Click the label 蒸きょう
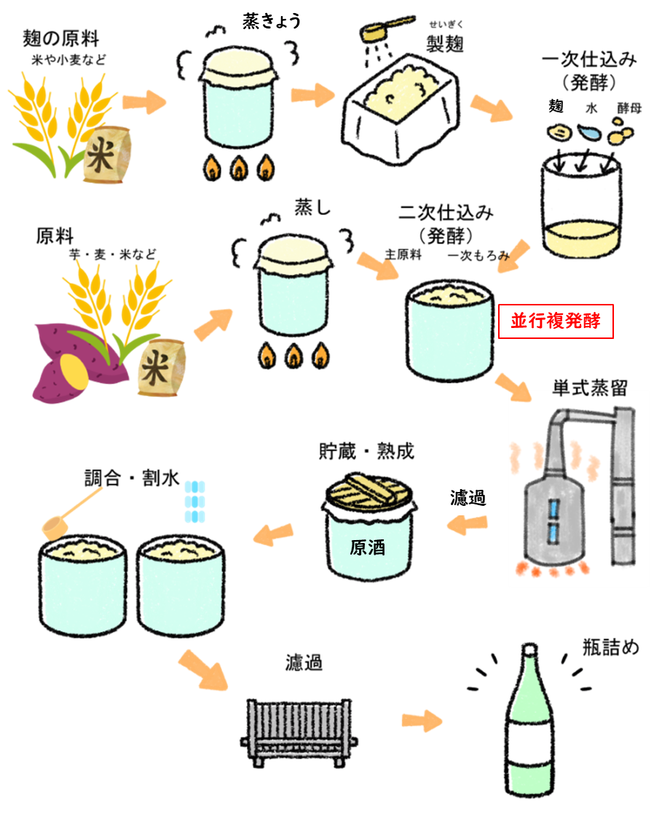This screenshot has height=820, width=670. pos(272,23)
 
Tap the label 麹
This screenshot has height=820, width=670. pos(556,107)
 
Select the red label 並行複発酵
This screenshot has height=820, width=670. pos(556,321)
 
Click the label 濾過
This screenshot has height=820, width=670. pos(468,499)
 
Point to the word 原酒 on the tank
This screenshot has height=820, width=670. pos(368,547)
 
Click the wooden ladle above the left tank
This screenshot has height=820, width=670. pos(69,515)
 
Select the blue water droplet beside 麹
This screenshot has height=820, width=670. pos(588,133)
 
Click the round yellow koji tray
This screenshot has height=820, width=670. pos(582,240)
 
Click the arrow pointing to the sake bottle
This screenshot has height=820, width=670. pos(422,721)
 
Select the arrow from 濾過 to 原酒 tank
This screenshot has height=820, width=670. pos(467,525)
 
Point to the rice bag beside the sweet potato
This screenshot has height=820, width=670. pos(161,368)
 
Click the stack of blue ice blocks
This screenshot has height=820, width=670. pos(194,501)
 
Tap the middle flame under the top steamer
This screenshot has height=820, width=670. pos(239,169)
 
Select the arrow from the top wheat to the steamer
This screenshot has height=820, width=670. pos(144,101)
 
